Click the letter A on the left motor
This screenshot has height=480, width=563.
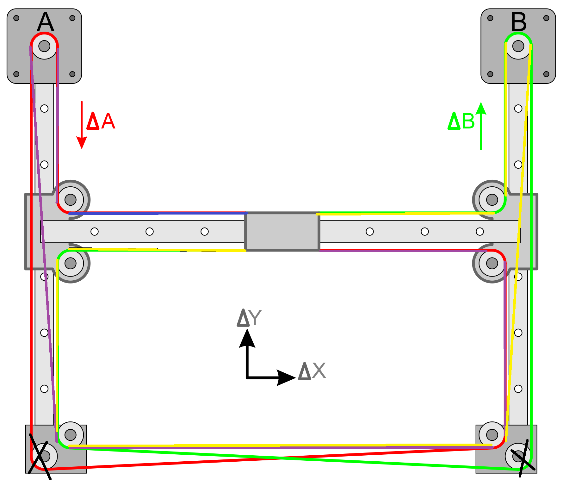click(46, 22)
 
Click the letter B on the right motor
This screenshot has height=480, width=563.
click(519, 22)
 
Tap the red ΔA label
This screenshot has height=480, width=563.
click(101, 121)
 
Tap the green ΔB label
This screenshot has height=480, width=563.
click(461, 121)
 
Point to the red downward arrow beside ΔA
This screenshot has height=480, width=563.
click(82, 125)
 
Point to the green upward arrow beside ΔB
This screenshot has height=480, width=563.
click(481, 126)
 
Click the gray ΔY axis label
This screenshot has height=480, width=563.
click(249, 318)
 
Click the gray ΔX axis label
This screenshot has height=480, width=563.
click(312, 371)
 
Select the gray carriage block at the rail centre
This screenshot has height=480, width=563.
click(282, 232)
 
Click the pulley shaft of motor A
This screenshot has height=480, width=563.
click(44, 46)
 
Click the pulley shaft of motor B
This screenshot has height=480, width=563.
click(518, 46)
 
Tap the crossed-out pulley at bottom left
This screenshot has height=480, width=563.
click(44, 456)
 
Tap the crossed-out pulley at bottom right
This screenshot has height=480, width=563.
click(518, 456)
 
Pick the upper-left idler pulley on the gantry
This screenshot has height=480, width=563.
click(71, 200)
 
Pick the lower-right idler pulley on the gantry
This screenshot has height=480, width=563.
click(492, 263)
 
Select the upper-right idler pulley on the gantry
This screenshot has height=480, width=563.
click(492, 200)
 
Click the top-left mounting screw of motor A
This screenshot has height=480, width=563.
click(16, 18)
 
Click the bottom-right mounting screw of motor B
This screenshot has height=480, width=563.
click(546, 74)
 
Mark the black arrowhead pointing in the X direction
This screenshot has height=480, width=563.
click(286, 377)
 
